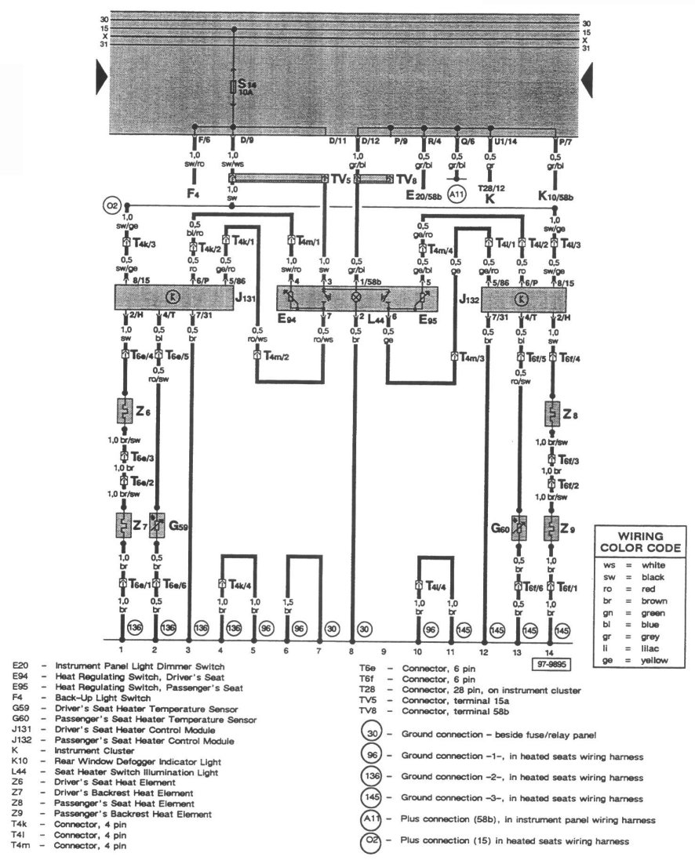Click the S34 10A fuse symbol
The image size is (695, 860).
(x=233, y=86)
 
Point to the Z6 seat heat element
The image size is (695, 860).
(x=124, y=410)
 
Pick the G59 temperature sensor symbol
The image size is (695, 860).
(x=157, y=524)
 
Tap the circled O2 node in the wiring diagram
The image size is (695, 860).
(x=111, y=206)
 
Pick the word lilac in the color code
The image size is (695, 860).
(x=655, y=650)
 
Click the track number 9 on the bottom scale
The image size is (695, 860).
(x=384, y=651)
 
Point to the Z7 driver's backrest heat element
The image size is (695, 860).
(x=124, y=524)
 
